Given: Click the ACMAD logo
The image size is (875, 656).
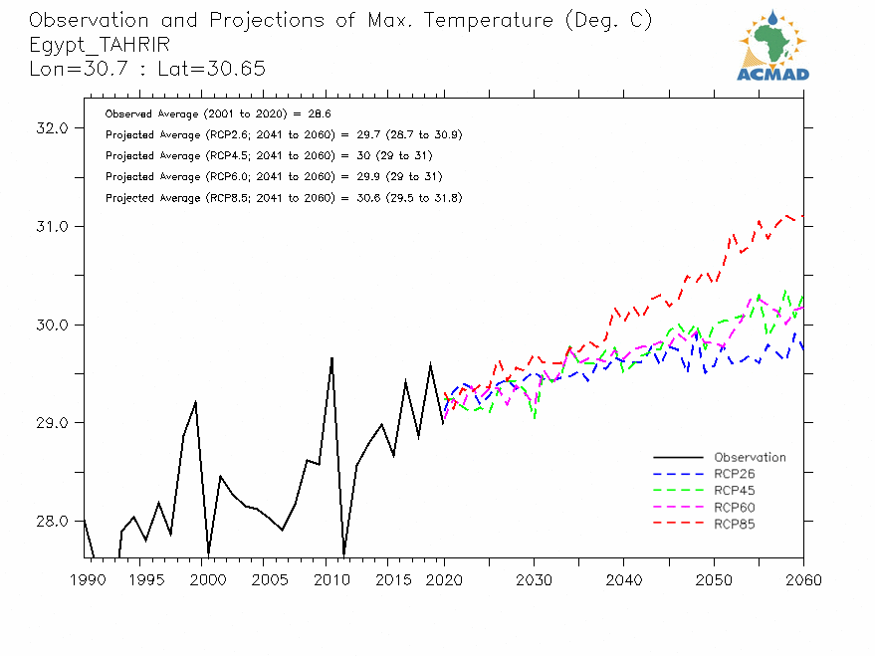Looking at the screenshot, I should coord(772,45).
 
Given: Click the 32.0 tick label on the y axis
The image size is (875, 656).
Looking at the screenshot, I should coord(50,128).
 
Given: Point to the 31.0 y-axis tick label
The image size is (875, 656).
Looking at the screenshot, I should coord(50,227).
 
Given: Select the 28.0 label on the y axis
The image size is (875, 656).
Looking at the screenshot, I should coord(50,522).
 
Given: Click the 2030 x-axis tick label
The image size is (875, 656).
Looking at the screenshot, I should coord(534,580).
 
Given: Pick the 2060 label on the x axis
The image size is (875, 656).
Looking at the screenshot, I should coord(802,580).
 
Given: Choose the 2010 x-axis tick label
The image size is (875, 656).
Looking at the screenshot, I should coord(324,580).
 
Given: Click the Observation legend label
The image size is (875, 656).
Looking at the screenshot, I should coord(750,458).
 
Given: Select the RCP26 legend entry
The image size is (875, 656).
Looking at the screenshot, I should coord(735,474).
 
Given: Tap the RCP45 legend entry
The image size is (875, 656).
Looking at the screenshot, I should coord(735,491).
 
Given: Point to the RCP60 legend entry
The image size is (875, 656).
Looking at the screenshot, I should coord(735,507).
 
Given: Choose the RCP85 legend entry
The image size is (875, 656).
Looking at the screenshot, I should coord(735,524).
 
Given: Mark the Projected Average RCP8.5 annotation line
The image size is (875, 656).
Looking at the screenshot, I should coord(283,198).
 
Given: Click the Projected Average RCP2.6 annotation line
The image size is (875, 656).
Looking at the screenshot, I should coord(283,135).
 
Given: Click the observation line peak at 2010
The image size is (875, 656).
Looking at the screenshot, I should coord(331,357).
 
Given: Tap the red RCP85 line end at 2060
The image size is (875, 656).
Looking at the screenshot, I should coord(802,215).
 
